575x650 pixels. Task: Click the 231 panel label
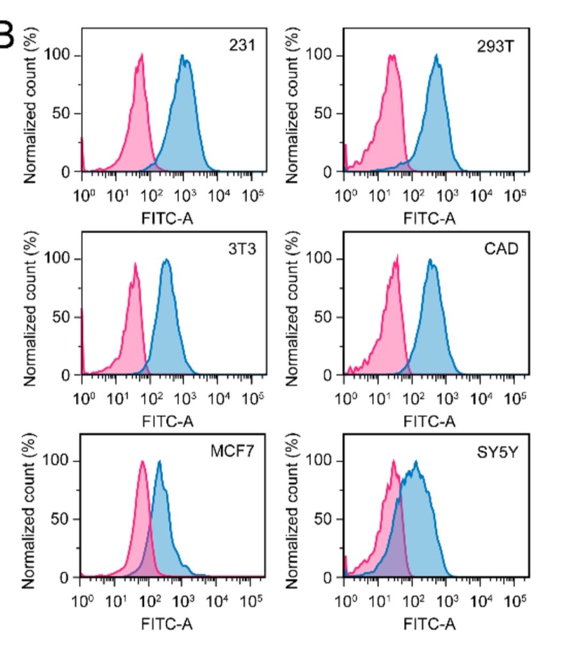[242, 46]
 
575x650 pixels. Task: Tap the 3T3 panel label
[242, 249]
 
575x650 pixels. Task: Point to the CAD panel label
[502, 249]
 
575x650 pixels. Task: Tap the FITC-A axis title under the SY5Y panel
[429, 624]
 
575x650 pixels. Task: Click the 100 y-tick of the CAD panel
[320, 259]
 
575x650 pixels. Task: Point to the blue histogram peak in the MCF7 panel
[159, 461]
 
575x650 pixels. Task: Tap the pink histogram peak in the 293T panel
[392, 55]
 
